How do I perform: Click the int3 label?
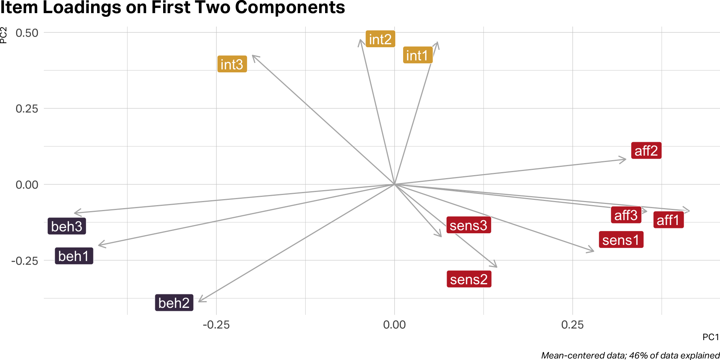[x=232, y=64]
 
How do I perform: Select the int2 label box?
[x=380, y=39]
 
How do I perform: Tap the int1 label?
[x=417, y=55]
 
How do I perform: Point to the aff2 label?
[x=646, y=150]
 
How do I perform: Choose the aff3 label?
[x=625, y=215]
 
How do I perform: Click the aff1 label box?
[x=668, y=220]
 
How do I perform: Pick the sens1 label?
[x=621, y=240]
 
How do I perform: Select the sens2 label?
[x=469, y=279]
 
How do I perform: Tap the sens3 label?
[x=468, y=225]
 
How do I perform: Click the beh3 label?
[x=66, y=226]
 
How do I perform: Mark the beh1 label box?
[x=73, y=256]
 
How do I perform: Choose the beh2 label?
[x=174, y=302]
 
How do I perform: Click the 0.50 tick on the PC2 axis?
[x=27, y=33]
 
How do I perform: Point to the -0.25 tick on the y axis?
[x=25, y=261]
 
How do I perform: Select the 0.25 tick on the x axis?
[x=572, y=324]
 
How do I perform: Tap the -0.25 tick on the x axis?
[x=216, y=324]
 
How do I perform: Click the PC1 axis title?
[x=711, y=337]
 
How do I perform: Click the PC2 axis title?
[x=4, y=35]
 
